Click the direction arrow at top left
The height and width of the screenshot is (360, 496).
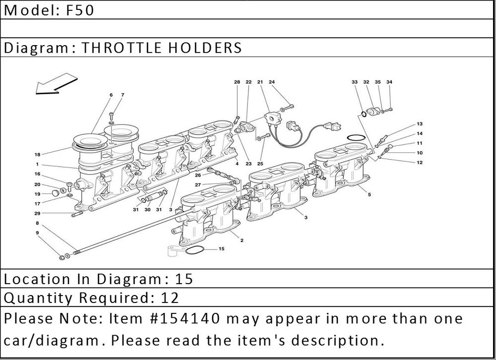57,84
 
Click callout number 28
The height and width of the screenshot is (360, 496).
237,82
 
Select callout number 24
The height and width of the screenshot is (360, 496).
272,82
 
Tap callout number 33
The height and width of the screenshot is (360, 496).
355,82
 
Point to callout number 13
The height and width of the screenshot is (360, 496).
420,124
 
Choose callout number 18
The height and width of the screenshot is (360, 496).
37,154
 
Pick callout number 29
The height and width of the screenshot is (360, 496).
37,214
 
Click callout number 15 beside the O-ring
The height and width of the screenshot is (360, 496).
221,248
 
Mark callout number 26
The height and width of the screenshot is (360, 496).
198,175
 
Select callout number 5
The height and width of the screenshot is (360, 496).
370,194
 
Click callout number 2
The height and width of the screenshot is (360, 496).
242,240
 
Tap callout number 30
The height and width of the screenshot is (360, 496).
147,210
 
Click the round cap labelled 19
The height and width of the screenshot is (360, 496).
56,192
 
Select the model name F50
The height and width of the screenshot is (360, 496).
80,10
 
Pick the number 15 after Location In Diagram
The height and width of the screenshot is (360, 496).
184,279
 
